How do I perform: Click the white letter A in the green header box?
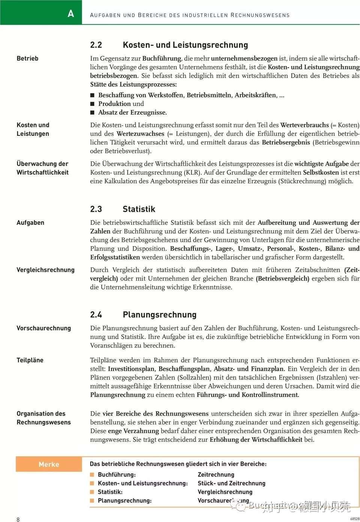coord(71,14)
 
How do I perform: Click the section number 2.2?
coord(96,45)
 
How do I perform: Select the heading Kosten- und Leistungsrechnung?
coord(185,45)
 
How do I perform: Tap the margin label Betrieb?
coord(27,59)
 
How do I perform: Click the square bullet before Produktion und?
coord(93,104)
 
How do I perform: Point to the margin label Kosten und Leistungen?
coord(33,129)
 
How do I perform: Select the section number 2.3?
coord(96,209)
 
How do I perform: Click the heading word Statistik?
coord(139,209)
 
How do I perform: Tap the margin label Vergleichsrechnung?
coord(45,270)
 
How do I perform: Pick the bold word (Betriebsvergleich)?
coord(282,278)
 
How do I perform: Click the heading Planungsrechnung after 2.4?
coord(159,315)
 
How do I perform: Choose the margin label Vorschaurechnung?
coord(43,328)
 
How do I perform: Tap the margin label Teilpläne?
coord(30,360)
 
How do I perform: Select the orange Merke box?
coord(49,465)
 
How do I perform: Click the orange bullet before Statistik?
coord(92,492)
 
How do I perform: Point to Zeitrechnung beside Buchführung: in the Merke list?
coord(216,475)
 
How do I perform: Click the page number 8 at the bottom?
coord(18,519)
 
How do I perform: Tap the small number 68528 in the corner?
coord(355,519)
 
